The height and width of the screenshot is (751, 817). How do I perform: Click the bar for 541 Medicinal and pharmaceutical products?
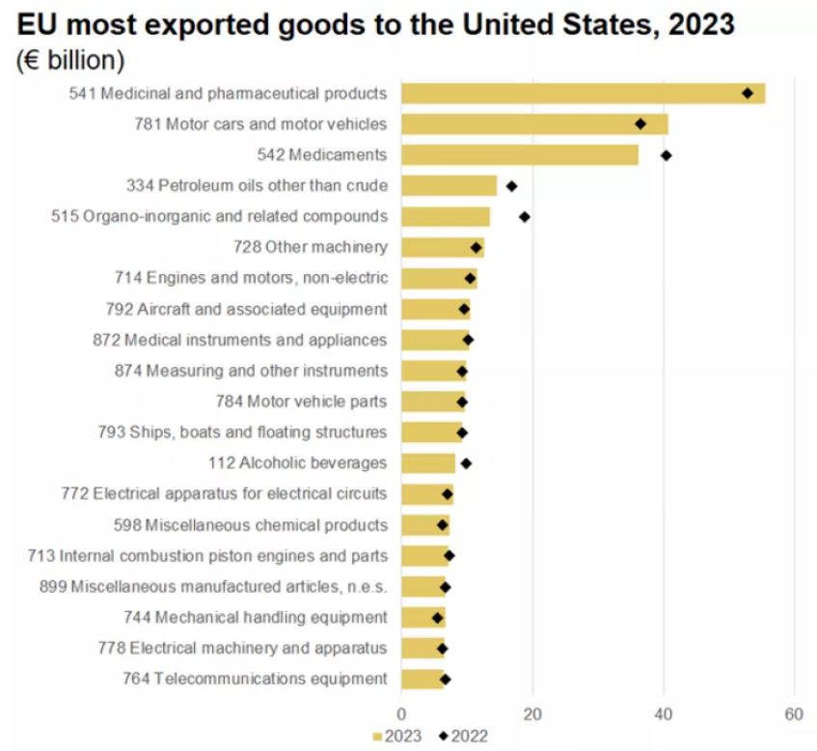(579, 94)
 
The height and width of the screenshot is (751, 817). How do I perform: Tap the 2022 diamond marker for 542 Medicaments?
(666, 155)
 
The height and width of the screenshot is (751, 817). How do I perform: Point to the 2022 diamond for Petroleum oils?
(511, 186)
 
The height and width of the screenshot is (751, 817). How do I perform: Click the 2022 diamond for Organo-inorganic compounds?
(524, 217)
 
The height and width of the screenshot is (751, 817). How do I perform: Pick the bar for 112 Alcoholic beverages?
(427, 463)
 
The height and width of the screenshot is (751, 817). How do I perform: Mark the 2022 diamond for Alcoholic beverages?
(466, 463)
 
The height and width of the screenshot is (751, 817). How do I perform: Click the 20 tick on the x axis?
(532, 715)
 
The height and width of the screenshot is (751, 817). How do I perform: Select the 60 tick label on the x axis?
(794, 715)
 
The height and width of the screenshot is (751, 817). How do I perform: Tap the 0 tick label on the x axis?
(401, 715)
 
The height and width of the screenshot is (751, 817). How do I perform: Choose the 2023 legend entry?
(398, 737)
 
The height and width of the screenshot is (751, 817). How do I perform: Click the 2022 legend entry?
(464, 737)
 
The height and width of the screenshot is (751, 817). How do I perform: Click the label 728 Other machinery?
(310, 247)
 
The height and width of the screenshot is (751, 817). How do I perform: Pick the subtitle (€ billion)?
(70, 60)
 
